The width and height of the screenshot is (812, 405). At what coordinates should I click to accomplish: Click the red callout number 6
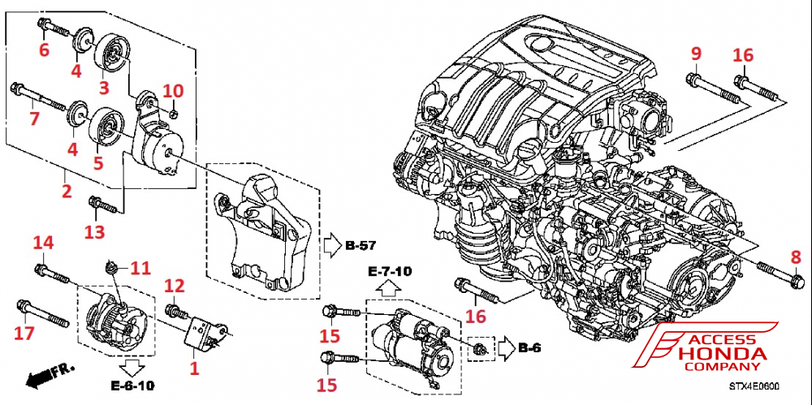[x=45, y=50]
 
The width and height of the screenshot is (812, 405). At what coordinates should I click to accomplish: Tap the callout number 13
[x=96, y=234]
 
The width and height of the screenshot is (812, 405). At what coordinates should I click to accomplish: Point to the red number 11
[x=141, y=267]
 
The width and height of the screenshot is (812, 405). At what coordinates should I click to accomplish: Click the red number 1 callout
[x=193, y=368]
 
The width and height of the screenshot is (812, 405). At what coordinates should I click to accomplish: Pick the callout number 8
[x=796, y=258]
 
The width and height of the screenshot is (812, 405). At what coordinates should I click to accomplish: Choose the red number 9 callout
[x=696, y=54]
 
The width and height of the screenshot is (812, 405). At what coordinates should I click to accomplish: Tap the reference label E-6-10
[x=135, y=386]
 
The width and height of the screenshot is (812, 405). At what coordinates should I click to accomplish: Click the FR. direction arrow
[x=45, y=376]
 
